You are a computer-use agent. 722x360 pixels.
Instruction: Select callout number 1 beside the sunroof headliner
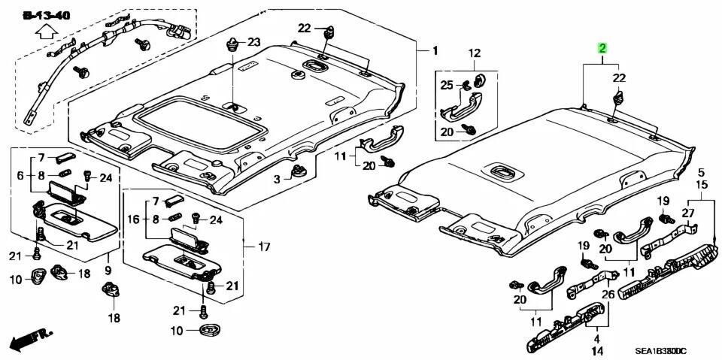click(x=435, y=50)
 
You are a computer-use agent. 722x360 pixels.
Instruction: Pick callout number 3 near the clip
click(x=276, y=179)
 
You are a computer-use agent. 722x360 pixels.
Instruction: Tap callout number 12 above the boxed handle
click(x=475, y=53)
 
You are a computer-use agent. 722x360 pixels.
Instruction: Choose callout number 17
click(x=263, y=247)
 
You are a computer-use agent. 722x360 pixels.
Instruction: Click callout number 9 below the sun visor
click(x=108, y=269)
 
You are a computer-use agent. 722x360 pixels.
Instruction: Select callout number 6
click(x=20, y=175)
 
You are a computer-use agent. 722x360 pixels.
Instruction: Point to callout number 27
click(x=687, y=213)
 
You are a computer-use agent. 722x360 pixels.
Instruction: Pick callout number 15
click(x=701, y=184)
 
